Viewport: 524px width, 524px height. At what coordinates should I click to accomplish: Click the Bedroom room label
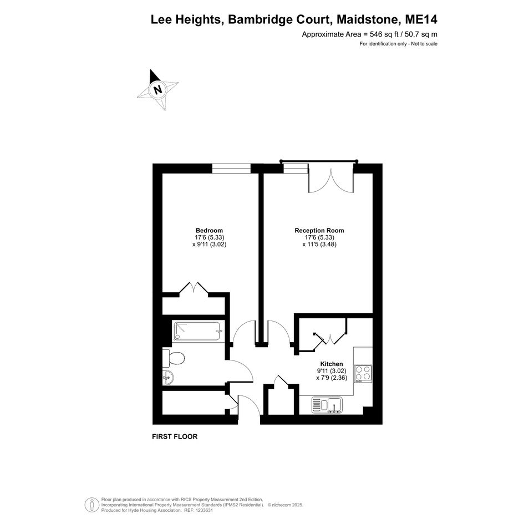point(209,231)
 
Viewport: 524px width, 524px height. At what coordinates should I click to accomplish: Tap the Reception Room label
point(319,231)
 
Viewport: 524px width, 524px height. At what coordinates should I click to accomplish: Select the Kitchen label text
point(332,364)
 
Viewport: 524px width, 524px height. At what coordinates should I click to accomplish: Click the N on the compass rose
point(157,90)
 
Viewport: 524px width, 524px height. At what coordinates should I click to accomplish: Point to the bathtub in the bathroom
point(196,331)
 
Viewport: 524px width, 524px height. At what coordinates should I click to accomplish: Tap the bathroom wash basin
point(168,378)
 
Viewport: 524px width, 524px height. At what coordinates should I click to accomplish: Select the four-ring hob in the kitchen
point(363,374)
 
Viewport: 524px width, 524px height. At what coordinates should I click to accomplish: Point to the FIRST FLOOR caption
point(175,436)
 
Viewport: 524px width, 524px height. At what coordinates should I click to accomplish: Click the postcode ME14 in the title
point(421,19)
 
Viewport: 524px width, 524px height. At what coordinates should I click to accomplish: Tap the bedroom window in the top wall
point(231,169)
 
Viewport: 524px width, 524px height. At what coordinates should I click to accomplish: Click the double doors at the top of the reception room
point(331,180)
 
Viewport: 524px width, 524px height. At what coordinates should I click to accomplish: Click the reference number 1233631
point(203,510)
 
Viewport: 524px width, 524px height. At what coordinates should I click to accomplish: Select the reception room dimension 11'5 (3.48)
point(319,245)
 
